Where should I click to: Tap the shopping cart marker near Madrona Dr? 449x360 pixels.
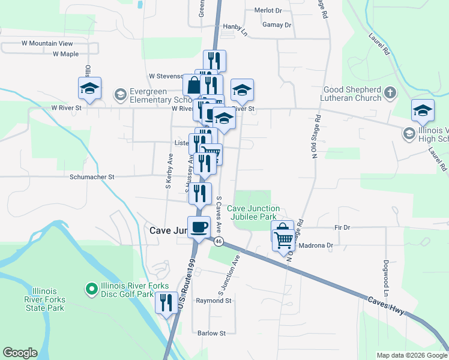283,239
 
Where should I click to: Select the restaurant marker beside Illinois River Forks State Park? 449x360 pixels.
166,303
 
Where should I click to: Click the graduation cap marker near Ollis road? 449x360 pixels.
89,89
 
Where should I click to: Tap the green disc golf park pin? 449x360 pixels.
92,290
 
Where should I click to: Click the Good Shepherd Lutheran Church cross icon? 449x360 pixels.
390,92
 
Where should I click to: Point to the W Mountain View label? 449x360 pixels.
47,44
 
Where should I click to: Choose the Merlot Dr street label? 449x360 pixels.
268,11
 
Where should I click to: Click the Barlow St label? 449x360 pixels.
211,333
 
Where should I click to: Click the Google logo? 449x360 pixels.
20,353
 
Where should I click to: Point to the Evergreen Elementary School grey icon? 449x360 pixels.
120,94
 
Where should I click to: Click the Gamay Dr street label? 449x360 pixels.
277,25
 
